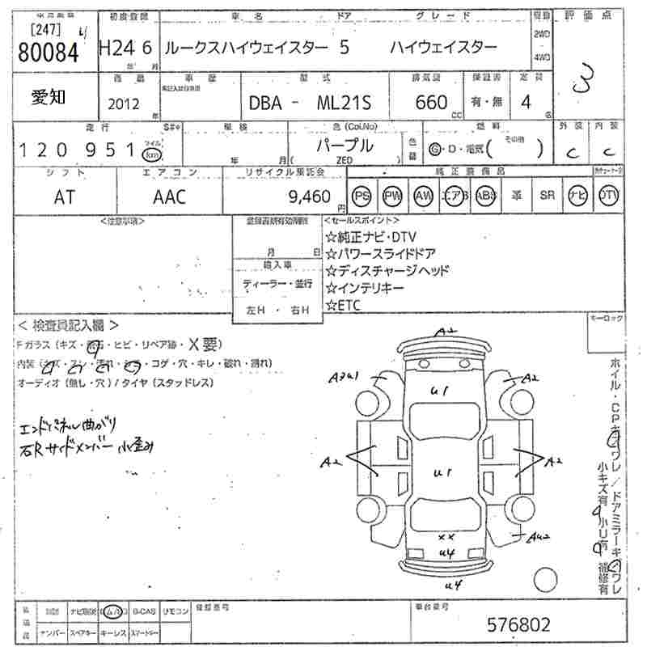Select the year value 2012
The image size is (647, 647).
(x=122, y=103)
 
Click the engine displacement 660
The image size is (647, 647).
(x=430, y=103)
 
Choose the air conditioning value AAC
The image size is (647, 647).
(x=169, y=196)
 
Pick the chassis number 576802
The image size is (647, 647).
(x=520, y=624)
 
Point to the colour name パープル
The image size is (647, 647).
(x=345, y=146)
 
